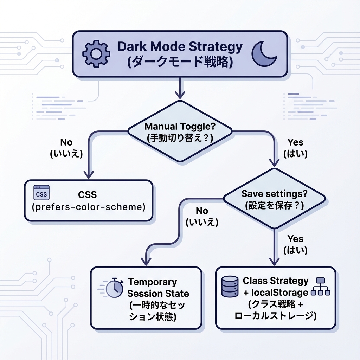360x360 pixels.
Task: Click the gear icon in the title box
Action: (96, 54)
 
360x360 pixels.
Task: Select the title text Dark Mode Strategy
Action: (180, 46)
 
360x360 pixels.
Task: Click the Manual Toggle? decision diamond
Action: (180, 131)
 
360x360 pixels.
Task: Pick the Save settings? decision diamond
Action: (274, 199)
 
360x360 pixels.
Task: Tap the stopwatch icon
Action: (113, 288)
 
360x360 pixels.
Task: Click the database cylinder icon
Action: (230, 286)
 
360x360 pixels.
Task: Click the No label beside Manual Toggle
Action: (66, 142)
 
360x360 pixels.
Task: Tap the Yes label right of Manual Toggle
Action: (295, 142)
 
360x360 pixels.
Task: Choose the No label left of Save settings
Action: (202, 211)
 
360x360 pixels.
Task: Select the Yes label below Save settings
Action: (295, 239)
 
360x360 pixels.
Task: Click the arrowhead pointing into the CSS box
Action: (88, 175)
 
